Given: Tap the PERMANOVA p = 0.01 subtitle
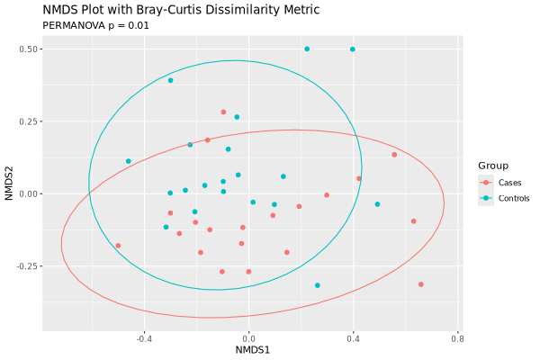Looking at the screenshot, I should coord(95,26).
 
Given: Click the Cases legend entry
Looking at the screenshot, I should coord(500,183).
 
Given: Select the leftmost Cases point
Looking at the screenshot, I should coord(118,246).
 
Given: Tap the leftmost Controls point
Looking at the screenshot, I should coord(128,161).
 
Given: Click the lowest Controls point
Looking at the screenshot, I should coord(317,285).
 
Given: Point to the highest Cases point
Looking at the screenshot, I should coord(223,112).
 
